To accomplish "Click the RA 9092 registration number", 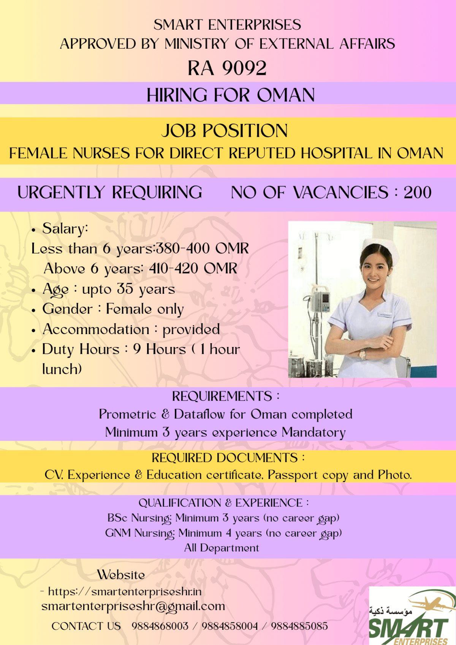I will click(227, 68).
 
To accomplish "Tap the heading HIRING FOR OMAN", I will click(231, 95).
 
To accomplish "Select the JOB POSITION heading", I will click(225, 131).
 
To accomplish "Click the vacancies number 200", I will click(417, 192).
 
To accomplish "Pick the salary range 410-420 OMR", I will click(193, 269).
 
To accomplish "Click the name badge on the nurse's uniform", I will click(385, 314).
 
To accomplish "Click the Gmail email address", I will click(133, 606).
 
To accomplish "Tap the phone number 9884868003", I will click(160, 626).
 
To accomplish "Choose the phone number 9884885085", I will click(299, 626).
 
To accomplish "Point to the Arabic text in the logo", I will click(390, 611).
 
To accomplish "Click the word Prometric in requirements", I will click(127, 414).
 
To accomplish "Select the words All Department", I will click(222, 548).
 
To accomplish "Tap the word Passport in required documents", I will click(292, 475).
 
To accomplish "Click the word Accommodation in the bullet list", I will click(96, 329).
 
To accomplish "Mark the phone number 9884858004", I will click(230, 626).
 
